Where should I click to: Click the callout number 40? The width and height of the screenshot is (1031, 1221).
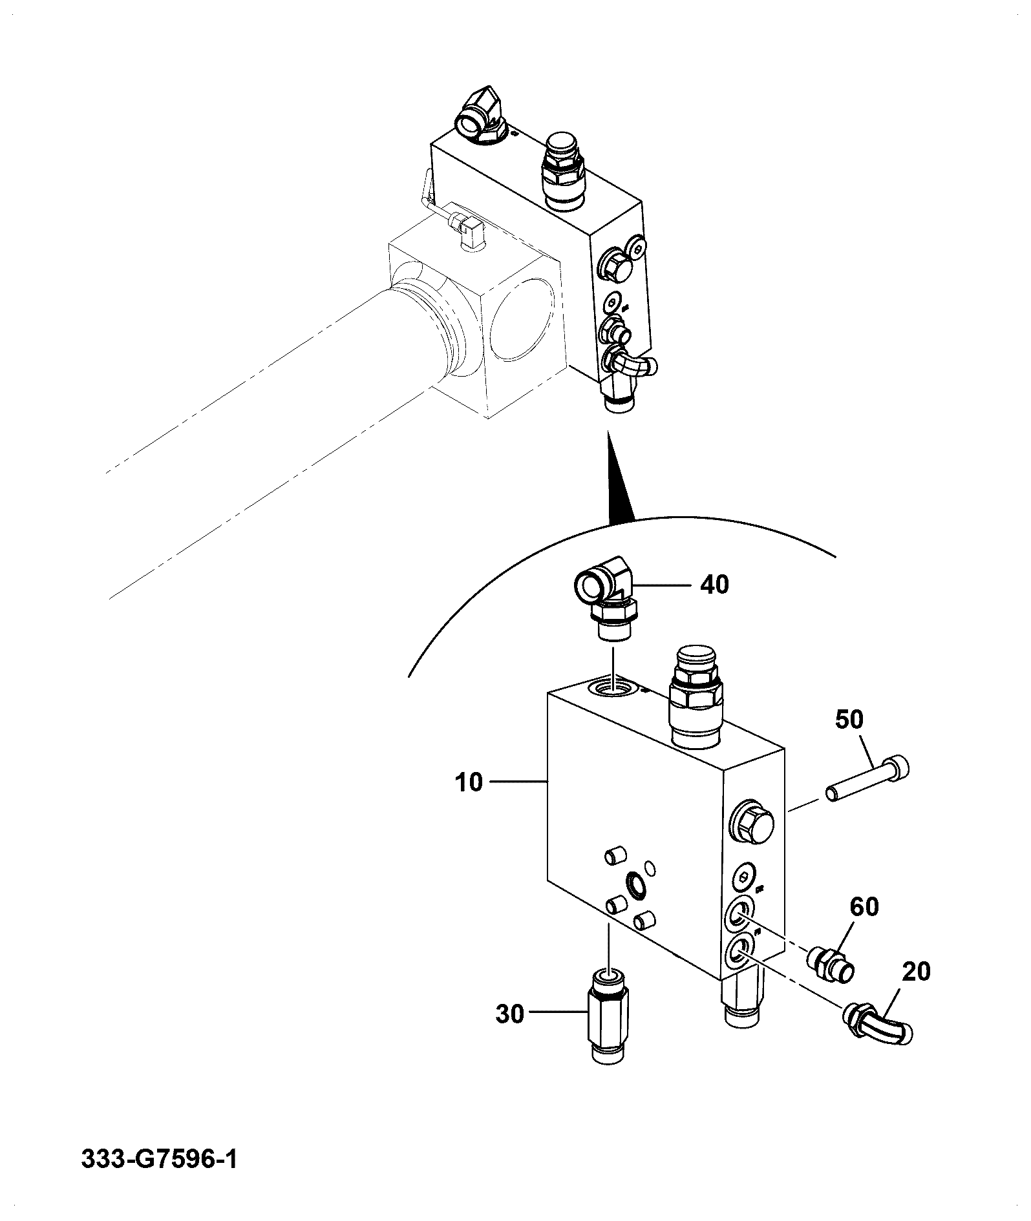coord(714,585)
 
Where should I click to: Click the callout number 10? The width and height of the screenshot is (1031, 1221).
coord(469,782)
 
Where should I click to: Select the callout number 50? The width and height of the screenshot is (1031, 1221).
coord(849,719)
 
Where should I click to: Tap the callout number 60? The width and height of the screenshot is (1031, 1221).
coord(864,907)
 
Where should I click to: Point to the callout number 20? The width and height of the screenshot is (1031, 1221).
coord(915,972)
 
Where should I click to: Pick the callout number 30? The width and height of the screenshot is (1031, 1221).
coord(510,1014)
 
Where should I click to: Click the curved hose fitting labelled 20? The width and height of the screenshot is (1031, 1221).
coord(878,1021)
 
